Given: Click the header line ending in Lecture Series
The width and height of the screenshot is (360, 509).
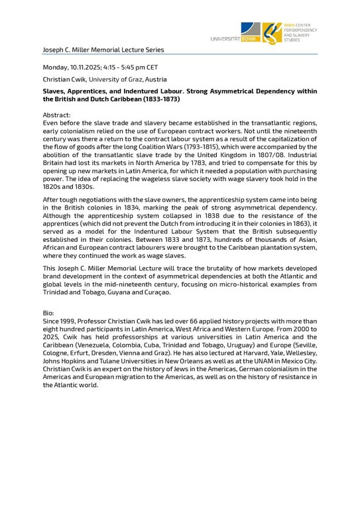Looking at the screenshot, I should pyautogui.click(x=103, y=50).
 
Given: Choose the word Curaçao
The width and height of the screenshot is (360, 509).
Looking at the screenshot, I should pyautogui.click(x=153, y=292).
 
